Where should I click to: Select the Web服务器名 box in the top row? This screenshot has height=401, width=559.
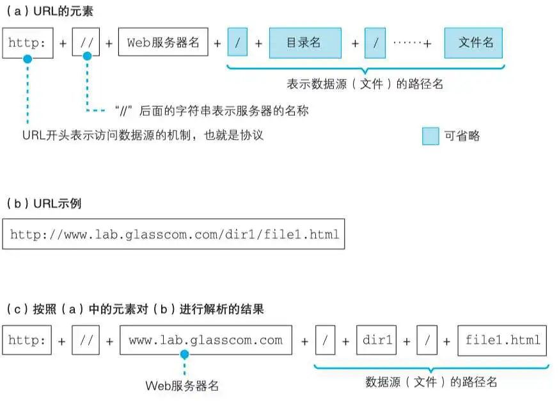(x=163, y=43)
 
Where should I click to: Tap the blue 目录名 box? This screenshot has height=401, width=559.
(x=304, y=43)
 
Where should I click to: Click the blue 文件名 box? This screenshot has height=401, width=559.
(x=474, y=43)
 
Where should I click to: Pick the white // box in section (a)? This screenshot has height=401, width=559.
(x=86, y=43)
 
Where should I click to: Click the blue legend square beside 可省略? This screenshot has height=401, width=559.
(x=430, y=136)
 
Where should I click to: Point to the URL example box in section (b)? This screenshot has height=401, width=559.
(x=174, y=235)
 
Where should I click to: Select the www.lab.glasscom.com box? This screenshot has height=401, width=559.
(x=205, y=340)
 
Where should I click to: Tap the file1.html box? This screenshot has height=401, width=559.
(x=503, y=340)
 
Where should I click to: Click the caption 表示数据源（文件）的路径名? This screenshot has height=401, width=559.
(x=365, y=84)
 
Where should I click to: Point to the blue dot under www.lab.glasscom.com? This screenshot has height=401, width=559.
(x=184, y=354)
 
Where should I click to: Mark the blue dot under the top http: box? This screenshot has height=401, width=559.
(x=28, y=59)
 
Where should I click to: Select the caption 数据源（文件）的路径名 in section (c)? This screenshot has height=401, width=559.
(x=431, y=382)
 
